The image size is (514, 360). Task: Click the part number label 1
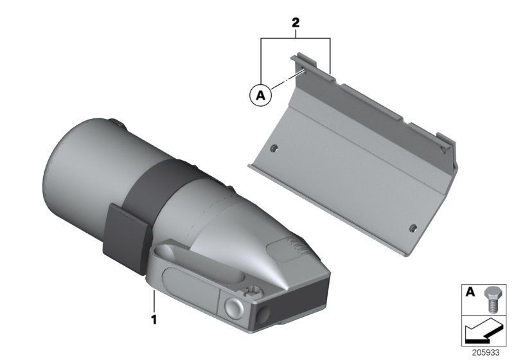pyautogui.click(x=154, y=317)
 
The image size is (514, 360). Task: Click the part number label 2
pyautogui.click(x=295, y=22)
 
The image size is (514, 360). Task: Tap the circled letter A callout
pyautogui.click(x=260, y=95)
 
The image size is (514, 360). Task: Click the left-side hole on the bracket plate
pyautogui.click(x=274, y=148)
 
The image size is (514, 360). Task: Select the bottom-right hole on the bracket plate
pyautogui.click(x=413, y=227)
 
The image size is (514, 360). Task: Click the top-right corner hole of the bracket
pyautogui.click(x=443, y=148)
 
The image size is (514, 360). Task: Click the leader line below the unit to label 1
pyautogui.click(x=154, y=299)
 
